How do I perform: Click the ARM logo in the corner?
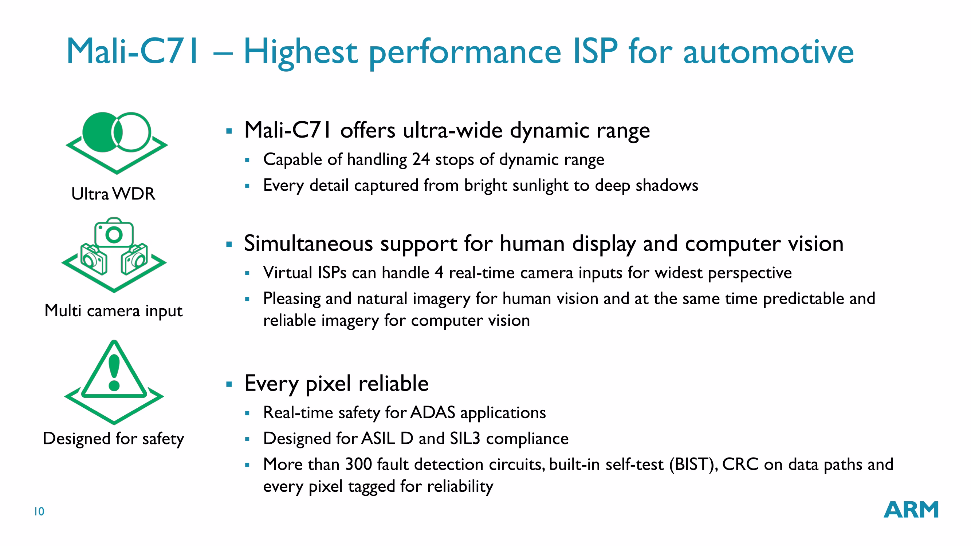point(911,510)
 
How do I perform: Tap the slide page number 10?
point(39,511)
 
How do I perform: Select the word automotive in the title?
point(768,52)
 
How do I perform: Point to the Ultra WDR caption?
point(113,194)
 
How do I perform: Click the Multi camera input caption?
point(114,311)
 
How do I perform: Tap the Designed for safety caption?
point(114,439)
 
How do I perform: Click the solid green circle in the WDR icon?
point(101,132)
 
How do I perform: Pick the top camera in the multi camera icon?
point(114,232)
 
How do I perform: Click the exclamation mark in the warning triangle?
point(114,373)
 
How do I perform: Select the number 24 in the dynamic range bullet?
point(421,159)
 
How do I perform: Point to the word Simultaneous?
point(309,244)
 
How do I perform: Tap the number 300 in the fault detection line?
point(359,464)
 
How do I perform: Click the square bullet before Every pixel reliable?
point(229,384)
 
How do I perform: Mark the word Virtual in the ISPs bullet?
point(288,273)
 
